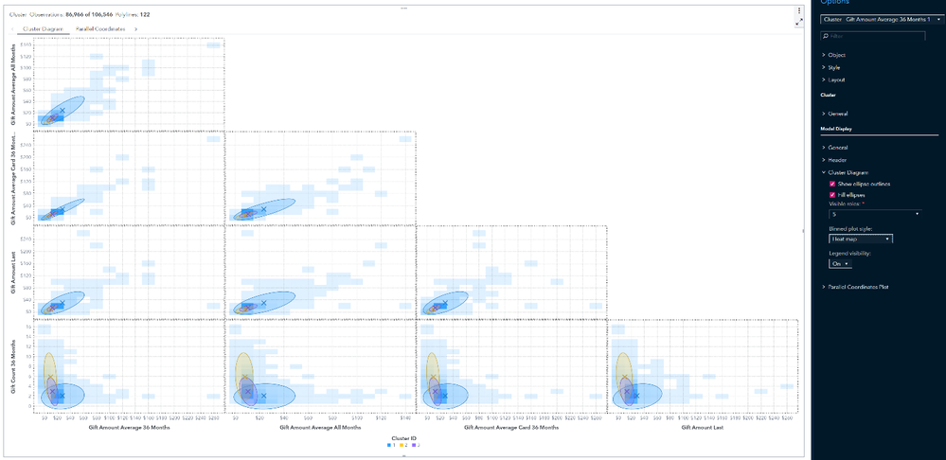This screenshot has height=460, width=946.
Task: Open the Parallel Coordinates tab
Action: coord(99,29)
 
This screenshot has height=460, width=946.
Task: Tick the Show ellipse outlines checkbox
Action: coord(831,183)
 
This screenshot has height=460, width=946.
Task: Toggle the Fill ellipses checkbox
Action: coord(831,194)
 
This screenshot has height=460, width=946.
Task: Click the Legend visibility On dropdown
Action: coord(840,264)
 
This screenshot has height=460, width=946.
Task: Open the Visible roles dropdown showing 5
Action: coord(874,214)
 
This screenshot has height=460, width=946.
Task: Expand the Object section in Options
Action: coord(836,55)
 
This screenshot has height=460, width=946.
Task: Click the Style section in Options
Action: coord(834,67)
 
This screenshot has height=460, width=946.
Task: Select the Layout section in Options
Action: coord(836,80)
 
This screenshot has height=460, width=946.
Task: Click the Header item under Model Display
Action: coord(838,160)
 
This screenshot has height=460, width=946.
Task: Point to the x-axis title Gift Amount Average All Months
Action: coord(320,428)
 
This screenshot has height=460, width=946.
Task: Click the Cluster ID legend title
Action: coord(404,437)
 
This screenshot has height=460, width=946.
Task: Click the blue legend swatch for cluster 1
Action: coord(390,445)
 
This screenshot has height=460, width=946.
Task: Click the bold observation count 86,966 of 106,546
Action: coord(96,14)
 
